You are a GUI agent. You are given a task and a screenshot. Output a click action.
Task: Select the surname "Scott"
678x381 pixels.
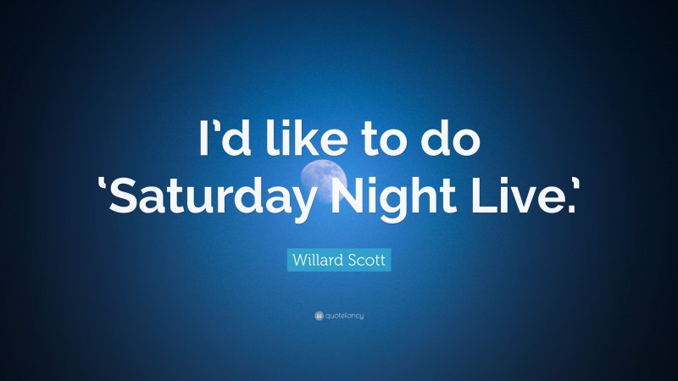[x=367, y=260]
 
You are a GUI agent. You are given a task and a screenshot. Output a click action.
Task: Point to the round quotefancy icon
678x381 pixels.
[x=319, y=316]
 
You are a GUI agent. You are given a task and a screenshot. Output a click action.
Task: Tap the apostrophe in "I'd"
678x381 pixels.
[x=212, y=126]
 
